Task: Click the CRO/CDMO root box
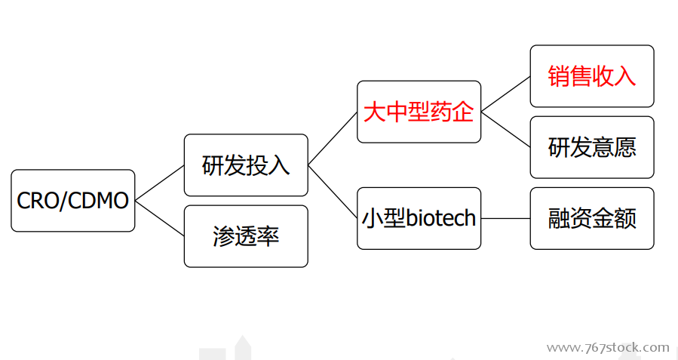72,200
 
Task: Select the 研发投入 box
246,165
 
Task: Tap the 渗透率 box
246,236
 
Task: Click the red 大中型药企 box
419,112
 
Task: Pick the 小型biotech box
419,218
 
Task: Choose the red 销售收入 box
592,76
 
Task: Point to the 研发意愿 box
592,147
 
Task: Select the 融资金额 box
592,218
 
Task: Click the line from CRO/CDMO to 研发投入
160,183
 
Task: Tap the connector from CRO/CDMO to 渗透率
160,218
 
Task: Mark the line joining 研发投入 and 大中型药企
333,138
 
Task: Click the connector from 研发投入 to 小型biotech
333,192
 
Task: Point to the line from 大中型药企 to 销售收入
505,94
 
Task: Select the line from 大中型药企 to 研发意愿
505,129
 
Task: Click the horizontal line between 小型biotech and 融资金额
505,218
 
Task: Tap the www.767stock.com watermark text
608,347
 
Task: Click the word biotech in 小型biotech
441,217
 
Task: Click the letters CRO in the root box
38,201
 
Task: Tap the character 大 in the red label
374,112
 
